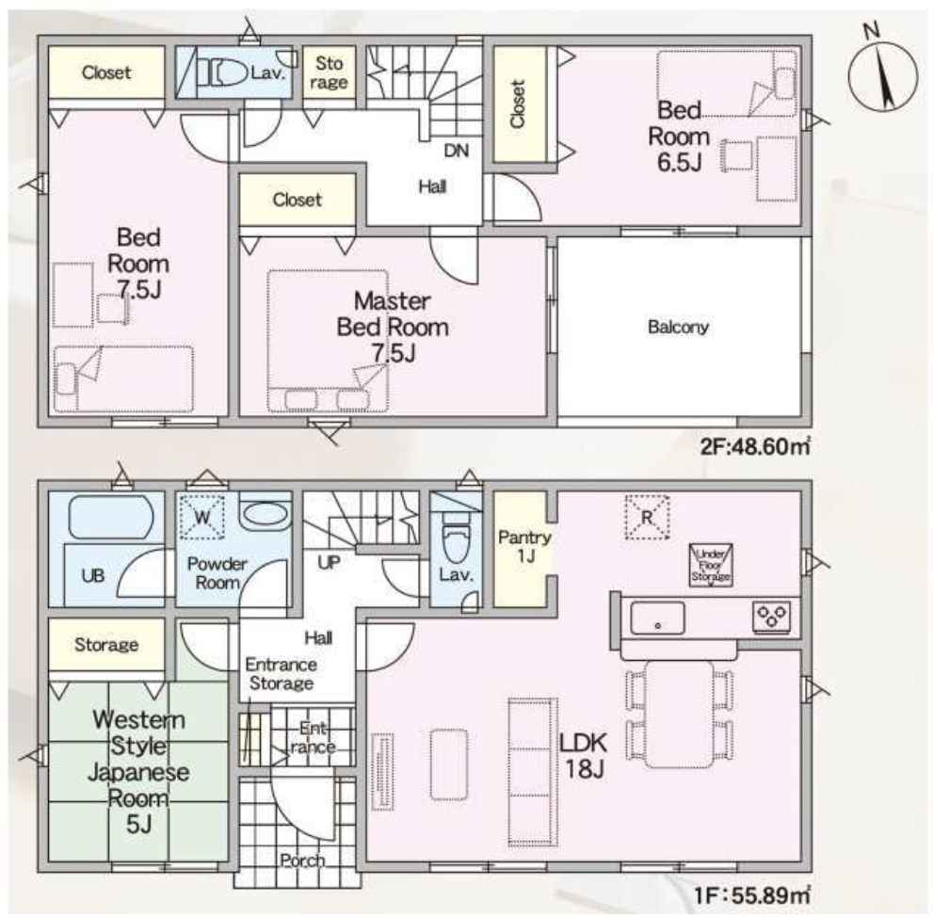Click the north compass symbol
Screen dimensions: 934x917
(x=883, y=74)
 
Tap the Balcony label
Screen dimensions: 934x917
(x=678, y=327)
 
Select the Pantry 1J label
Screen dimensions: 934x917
(x=524, y=547)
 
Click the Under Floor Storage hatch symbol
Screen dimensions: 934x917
(x=711, y=565)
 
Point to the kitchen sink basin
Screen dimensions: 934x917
(x=657, y=618)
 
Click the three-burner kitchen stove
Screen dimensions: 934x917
(x=772, y=617)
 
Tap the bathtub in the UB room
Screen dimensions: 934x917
(x=111, y=517)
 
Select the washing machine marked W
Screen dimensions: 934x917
(x=201, y=517)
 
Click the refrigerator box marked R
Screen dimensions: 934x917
(x=647, y=518)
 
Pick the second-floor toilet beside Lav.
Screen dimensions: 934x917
(x=226, y=74)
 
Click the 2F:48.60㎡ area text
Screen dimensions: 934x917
(x=755, y=446)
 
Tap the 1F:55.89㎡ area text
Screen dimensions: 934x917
(x=752, y=895)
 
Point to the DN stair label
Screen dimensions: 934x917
(x=457, y=151)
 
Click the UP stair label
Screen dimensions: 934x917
(x=329, y=562)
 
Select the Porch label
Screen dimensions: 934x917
(x=302, y=861)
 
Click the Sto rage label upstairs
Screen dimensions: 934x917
(x=329, y=72)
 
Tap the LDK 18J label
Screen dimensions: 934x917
(x=584, y=756)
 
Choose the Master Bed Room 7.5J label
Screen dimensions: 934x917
(x=393, y=327)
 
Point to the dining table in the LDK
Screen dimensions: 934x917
(x=679, y=715)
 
